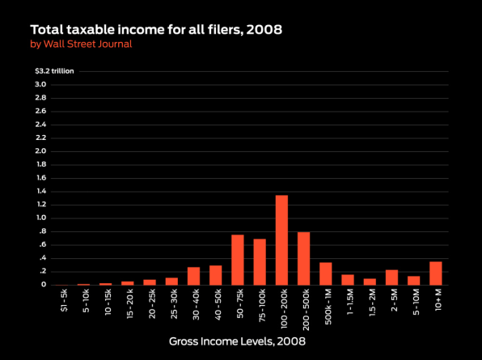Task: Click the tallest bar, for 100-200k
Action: tap(281, 240)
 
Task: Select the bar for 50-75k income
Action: tap(238, 260)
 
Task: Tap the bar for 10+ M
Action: tap(436, 273)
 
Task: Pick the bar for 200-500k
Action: tap(304, 259)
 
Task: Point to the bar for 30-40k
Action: tap(193, 276)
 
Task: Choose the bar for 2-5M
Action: tap(391, 277)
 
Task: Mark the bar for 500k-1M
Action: tap(326, 273)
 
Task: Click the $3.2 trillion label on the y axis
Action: tap(54, 71)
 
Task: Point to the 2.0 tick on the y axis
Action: tap(40, 151)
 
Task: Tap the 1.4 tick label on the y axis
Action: tap(41, 191)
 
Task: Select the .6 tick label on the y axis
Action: tap(42, 244)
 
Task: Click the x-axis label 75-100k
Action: tap(262, 305)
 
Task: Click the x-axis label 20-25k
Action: tap(152, 303)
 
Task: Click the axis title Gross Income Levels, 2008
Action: tap(237, 341)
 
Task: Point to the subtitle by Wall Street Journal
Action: tap(81, 44)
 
